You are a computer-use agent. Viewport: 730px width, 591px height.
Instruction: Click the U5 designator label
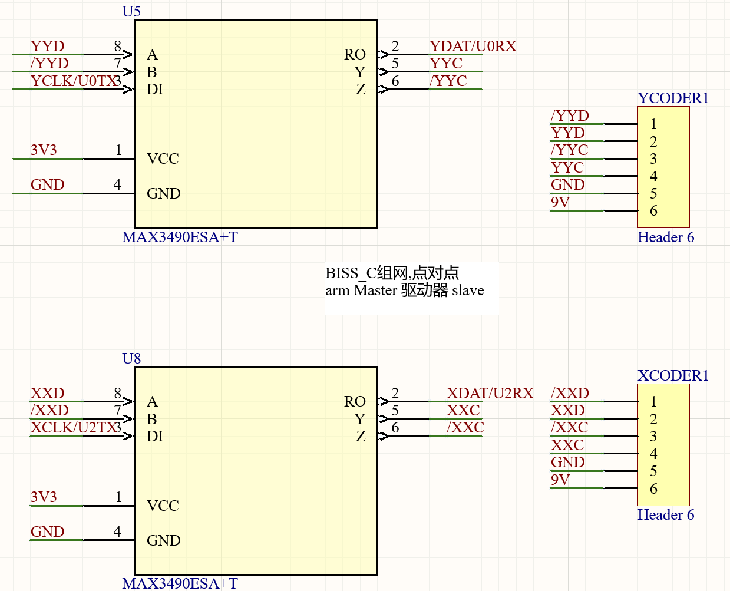[x=131, y=11]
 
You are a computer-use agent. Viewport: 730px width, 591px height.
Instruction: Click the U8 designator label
[x=131, y=358]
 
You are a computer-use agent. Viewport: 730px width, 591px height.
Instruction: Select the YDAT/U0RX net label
[x=473, y=47]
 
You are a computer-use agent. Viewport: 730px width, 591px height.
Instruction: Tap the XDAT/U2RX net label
[x=490, y=394]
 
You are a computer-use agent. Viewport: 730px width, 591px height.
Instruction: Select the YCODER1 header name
[x=673, y=98]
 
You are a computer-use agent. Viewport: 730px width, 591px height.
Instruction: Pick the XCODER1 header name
[x=673, y=375]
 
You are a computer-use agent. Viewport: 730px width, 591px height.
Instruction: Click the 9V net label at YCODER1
[x=560, y=203]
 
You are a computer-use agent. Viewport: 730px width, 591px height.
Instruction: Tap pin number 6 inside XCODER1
[x=653, y=488]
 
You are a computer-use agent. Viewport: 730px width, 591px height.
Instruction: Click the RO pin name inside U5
[x=355, y=55]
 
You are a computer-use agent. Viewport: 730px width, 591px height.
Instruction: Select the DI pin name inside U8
[x=155, y=437]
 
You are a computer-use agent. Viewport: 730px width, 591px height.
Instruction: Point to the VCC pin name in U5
[x=163, y=159]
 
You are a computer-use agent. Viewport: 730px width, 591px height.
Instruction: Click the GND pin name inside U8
[x=163, y=541]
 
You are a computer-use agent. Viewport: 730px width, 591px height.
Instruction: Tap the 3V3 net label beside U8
[x=44, y=497]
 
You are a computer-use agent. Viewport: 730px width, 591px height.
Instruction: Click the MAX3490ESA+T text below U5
[x=180, y=237]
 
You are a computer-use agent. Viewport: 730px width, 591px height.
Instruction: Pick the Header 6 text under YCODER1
[x=665, y=237]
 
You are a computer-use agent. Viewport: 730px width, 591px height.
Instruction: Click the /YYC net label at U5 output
[x=448, y=81]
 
